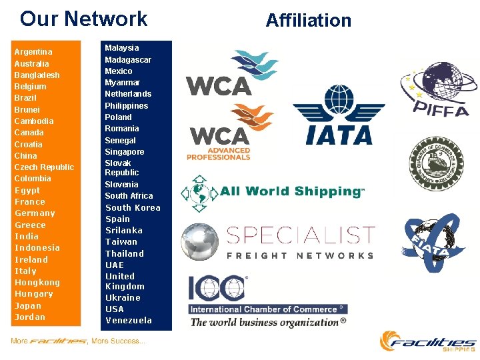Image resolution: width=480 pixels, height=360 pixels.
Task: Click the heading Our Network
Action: [84, 19]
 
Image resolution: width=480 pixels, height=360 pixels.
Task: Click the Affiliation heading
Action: [308, 21]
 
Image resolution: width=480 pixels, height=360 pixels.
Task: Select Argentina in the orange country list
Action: [33, 52]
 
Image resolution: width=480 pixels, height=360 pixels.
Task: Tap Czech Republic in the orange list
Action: [44, 167]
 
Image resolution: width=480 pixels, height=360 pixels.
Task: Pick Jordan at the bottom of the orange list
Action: [30, 317]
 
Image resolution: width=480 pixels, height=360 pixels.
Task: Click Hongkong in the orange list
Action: [37, 283]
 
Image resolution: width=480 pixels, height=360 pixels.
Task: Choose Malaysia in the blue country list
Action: [122, 48]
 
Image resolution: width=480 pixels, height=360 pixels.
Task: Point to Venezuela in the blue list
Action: [129, 321]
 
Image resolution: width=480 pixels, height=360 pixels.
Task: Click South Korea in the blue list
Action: [133, 208]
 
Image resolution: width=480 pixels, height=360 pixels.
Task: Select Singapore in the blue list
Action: [124, 152]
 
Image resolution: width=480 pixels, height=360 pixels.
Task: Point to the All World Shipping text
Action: [292, 191]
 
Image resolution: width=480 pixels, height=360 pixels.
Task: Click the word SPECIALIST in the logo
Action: [301, 235]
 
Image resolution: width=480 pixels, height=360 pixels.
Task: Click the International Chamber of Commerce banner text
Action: [268, 309]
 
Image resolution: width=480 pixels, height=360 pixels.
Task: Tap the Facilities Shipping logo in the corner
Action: [429, 341]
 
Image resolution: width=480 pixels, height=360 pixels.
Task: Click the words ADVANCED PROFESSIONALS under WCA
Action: [219, 155]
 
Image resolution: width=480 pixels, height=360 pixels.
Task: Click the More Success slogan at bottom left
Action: [78, 341]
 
